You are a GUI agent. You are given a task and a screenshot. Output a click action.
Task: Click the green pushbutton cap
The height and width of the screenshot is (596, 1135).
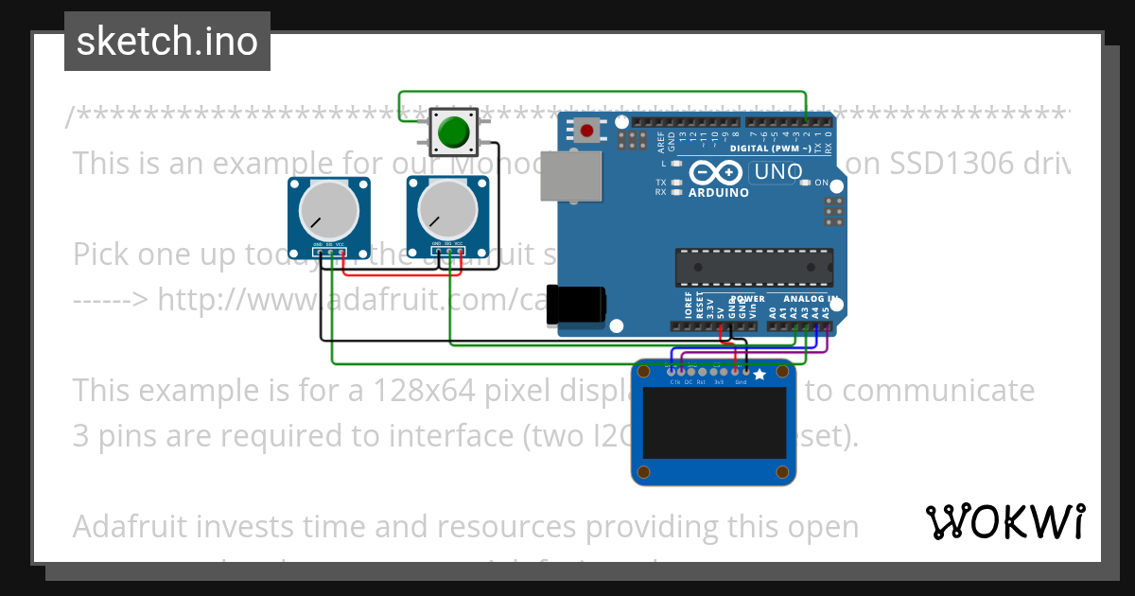pyautogui.click(x=456, y=131)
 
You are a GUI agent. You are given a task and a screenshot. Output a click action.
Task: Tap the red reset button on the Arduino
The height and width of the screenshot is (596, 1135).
pyautogui.click(x=587, y=131)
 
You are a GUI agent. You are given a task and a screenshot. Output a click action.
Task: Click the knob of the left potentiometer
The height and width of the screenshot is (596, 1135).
pyautogui.click(x=328, y=211)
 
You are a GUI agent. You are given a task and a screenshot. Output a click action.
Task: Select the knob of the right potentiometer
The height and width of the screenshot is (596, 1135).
pyautogui.click(x=446, y=211)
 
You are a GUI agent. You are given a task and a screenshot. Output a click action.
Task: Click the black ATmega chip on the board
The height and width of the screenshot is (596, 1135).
pyautogui.click(x=754, y=268)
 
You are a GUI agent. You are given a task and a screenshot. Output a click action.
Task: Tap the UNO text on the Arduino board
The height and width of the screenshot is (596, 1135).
pyautogui.click(x=777, y=173)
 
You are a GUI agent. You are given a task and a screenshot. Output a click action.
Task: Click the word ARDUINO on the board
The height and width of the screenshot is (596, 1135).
pyautogui.click(x=718, y=192)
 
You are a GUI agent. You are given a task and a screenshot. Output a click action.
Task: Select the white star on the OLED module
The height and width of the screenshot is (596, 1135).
pyautogui.click(x=759, y=375)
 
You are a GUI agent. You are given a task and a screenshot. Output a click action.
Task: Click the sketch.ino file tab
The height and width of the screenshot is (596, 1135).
pyautogui.click(x=167, y=42)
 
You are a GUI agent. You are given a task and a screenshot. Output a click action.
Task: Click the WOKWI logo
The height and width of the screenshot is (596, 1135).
pyautogui.click(x=1004, y=521)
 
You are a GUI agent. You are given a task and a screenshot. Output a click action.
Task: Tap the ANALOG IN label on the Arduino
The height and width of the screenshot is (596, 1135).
pyautogui.click(x=811, y=298)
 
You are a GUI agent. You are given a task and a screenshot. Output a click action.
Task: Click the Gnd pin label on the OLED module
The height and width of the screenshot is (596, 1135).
pyautogui.click(x=741, y=382)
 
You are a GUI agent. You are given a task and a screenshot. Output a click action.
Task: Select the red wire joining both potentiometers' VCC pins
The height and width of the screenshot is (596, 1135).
pyautogui.click(x=401, y=274)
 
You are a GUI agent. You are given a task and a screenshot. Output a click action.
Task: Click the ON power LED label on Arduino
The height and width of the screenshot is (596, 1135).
pyautogui.click(x=821, y=183)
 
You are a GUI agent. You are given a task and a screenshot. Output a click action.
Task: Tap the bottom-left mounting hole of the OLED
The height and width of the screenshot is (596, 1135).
pyautogui.click(x=644, y=470)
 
